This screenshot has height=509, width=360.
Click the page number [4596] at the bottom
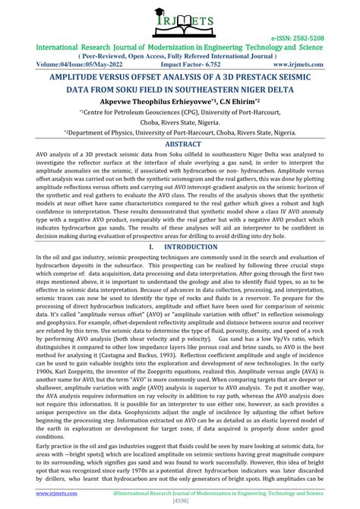[180, 501]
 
